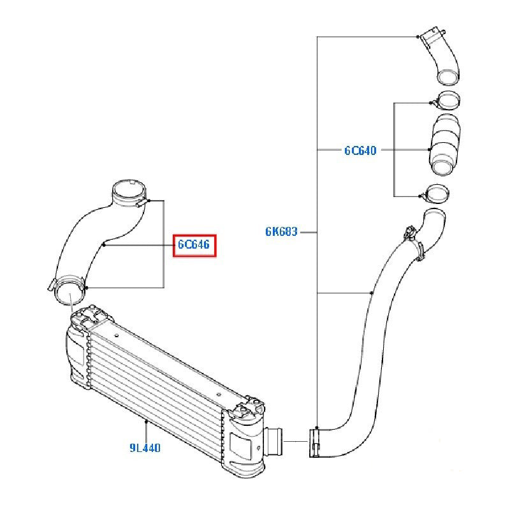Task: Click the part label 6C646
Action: (194, 244)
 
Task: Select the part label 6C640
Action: (360, 151)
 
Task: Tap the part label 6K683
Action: (281, 232)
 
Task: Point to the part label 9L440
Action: (145, 448)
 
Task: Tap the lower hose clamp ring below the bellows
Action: (437, 192)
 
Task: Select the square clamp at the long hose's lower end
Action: (316, 443)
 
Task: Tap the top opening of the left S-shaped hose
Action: (128, 190)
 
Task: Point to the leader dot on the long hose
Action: (372, 294)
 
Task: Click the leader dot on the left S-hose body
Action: (104, 244)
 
